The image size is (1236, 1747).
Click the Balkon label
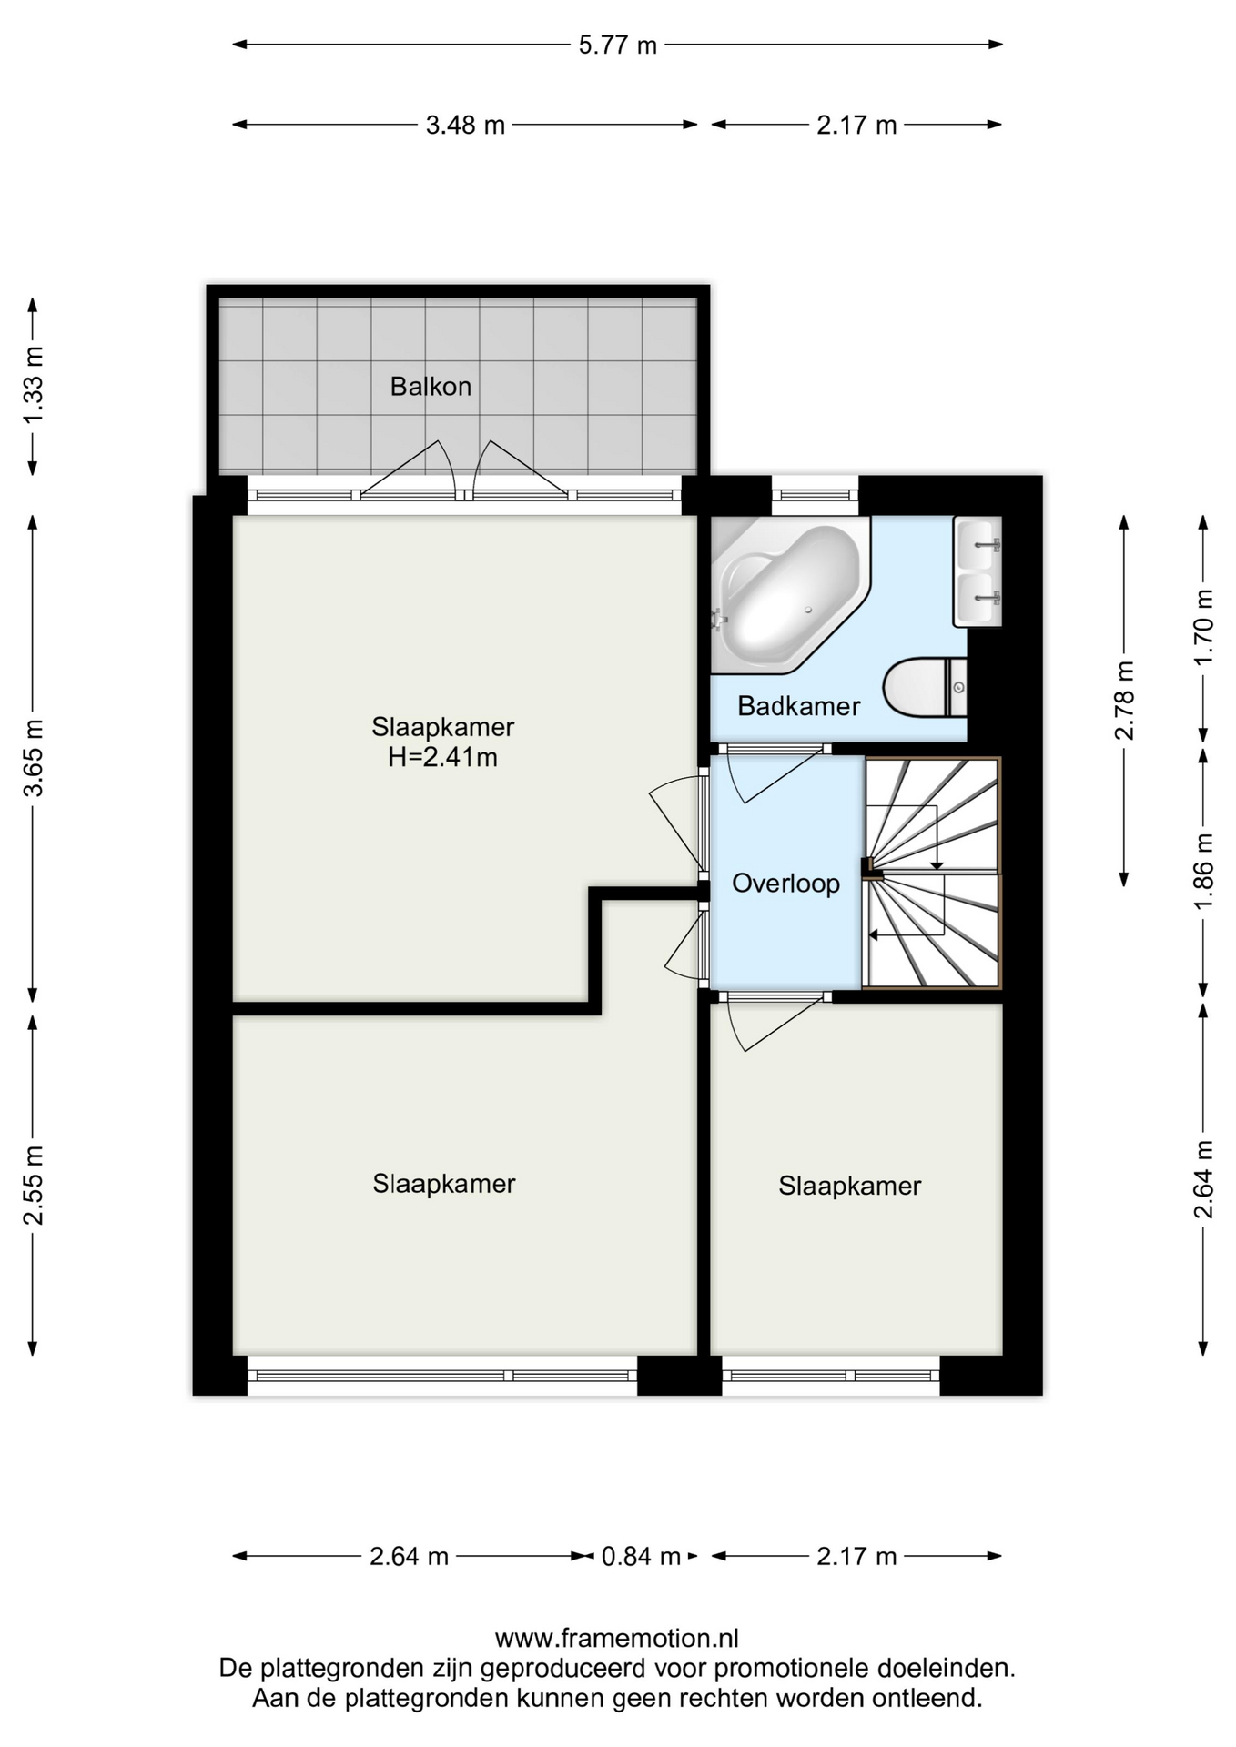point(431,387)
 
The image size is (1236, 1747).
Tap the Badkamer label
point(798,706)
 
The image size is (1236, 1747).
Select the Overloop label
point(785,884)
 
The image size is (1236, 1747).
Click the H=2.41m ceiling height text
point(442,757)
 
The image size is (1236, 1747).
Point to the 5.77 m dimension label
point(617,45)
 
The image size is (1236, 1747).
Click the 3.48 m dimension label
point(465,125)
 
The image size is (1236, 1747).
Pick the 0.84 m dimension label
point(641,1557)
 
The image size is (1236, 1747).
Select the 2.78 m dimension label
point(1125,700)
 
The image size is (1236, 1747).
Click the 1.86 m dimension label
point(1204,871)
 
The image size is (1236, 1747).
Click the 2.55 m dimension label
point(34,1186)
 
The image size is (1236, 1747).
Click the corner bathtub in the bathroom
point(788,595)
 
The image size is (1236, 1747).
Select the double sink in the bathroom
point(978,571)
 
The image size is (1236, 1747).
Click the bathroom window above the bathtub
point(815,496)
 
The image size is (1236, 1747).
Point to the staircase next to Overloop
point(931,873)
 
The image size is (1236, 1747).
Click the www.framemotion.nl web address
point(616,1639)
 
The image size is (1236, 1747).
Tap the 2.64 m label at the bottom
point(409,1557)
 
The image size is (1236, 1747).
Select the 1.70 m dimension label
point(1204,626)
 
